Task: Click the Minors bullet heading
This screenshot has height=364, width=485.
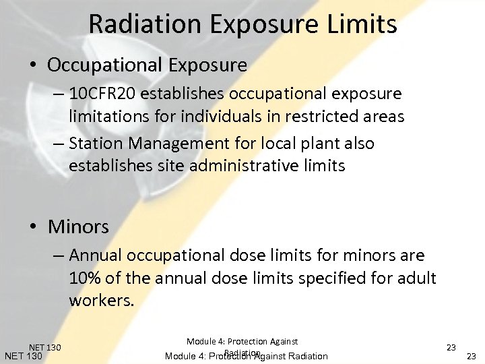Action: (78, 226)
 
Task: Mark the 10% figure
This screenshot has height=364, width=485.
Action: (84, 278)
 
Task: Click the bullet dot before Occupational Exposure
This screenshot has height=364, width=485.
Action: (33, 66)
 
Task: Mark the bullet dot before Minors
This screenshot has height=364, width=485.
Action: (33, 227)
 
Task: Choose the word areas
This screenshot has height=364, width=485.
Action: (383, 117)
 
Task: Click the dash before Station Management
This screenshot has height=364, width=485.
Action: (57, 144)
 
